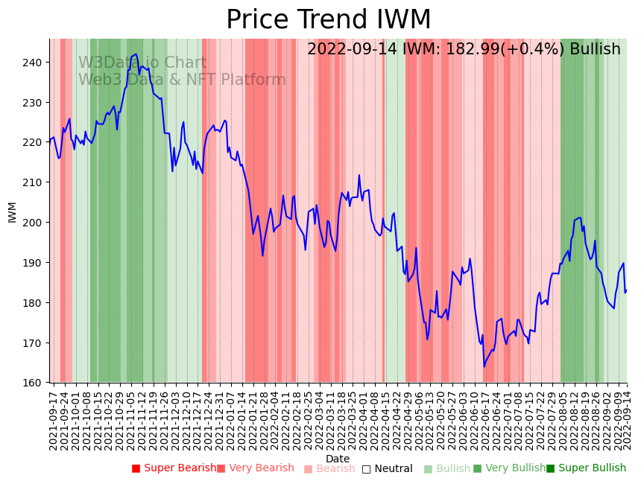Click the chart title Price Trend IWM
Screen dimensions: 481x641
(x=328, y=20)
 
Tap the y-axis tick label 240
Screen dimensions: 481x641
(x=36, y=63)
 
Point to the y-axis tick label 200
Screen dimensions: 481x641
(x=36, y=223)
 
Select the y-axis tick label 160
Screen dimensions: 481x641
(x=36, y=383)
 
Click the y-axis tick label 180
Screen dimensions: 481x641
(x=36, y=303)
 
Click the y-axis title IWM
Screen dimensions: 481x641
(x=12, y=211)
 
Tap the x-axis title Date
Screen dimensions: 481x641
(x=338, y=459)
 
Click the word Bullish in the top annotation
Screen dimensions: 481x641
(x=595, y=50)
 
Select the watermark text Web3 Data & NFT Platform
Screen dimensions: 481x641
(x=182, y=80)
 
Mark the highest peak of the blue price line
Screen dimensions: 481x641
(x=135, y=54)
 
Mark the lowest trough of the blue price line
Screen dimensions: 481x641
(x=484, y=366)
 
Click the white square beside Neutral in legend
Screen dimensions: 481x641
(x=366, y=469)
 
